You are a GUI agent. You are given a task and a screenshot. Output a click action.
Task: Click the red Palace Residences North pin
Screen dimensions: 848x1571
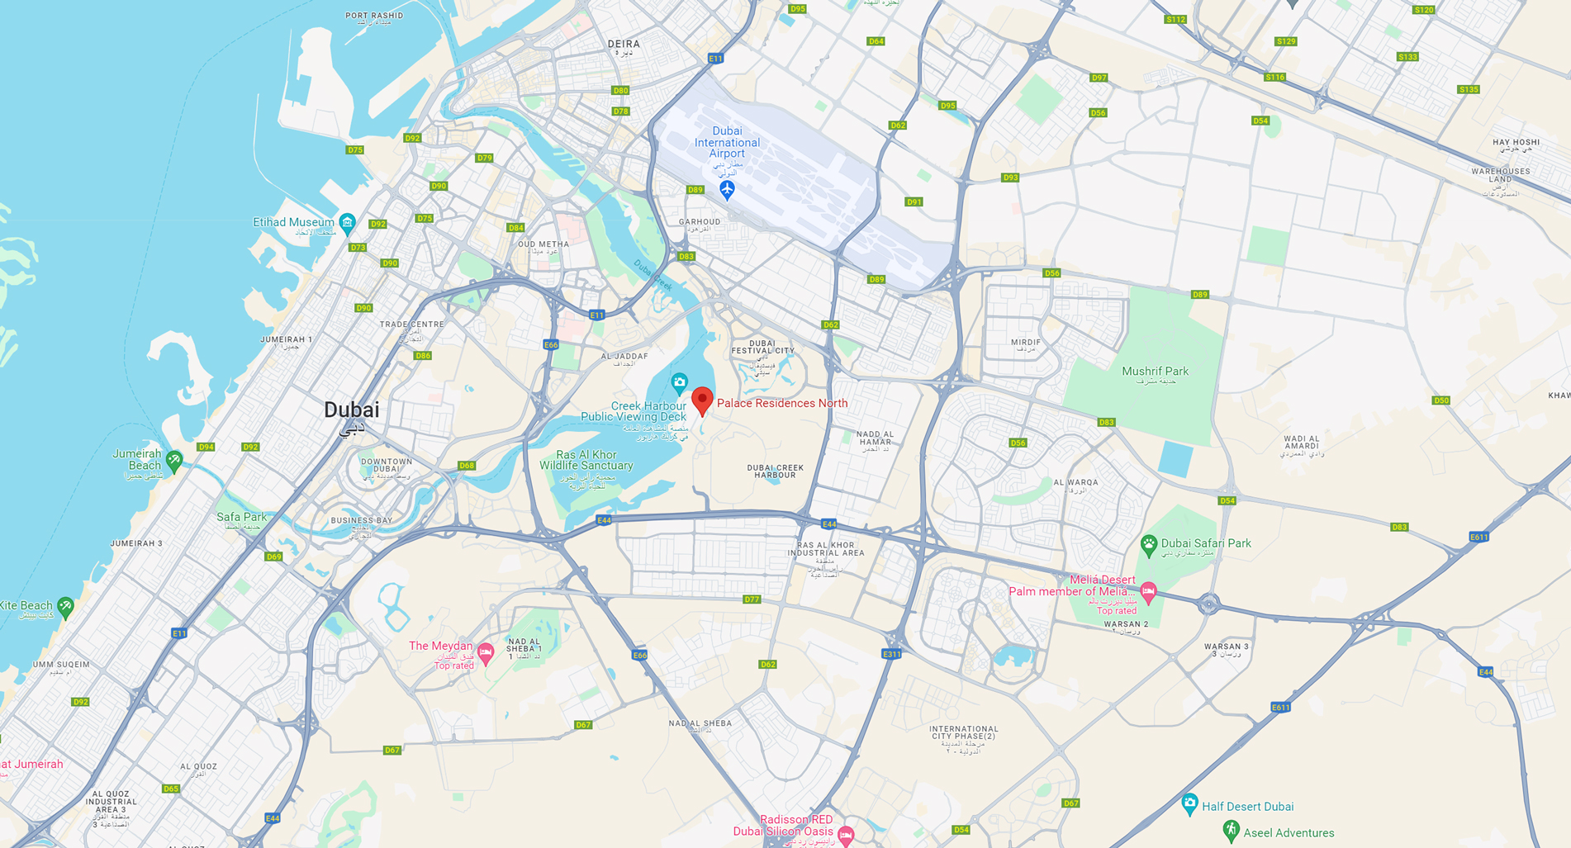pos(702,400)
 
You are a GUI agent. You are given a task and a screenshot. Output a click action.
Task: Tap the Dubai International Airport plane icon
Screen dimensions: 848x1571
pos(727,190)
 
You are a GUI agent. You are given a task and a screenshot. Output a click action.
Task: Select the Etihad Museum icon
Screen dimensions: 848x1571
pos(348,222)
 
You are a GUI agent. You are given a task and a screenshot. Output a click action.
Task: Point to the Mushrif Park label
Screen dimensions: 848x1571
pos(1155,372)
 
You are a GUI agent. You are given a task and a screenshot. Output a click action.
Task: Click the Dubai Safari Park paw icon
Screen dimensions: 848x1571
pos(1148,544)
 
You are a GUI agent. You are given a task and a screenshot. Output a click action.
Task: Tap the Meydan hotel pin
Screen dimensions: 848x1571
pos(486,653)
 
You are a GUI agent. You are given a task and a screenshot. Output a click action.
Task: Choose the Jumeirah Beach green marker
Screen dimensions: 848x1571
pos(173,460)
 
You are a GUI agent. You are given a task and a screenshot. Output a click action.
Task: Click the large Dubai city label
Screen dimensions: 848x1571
pos(352,410)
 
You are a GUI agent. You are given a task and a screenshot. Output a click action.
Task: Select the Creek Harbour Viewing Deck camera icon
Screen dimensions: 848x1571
pos(679,382)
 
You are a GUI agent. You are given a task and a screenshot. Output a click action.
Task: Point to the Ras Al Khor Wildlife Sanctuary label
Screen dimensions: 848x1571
pos(586,460)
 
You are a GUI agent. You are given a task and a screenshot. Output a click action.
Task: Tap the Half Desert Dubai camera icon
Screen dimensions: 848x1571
pos(1189,803)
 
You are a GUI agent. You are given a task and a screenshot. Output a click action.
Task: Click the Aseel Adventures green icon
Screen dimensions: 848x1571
pos(1231,830)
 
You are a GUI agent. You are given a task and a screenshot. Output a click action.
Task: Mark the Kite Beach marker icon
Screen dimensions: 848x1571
pos(65,607)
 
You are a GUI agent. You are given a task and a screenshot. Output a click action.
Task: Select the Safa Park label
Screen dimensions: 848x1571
pos(241,517)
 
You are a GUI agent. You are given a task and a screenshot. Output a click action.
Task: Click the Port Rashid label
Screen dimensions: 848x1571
pos(374,16)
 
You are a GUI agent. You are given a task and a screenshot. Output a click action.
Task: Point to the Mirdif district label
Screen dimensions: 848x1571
pos(1026,342)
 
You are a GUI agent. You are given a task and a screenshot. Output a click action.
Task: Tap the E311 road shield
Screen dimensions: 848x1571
pos(891,654)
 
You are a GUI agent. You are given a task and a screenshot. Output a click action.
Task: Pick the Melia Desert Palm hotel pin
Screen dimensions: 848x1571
pos(1148,590)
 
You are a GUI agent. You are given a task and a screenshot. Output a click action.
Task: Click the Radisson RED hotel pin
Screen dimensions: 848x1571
pos(845,834)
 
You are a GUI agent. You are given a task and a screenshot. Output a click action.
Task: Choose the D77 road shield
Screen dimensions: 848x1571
pos(752,599)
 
